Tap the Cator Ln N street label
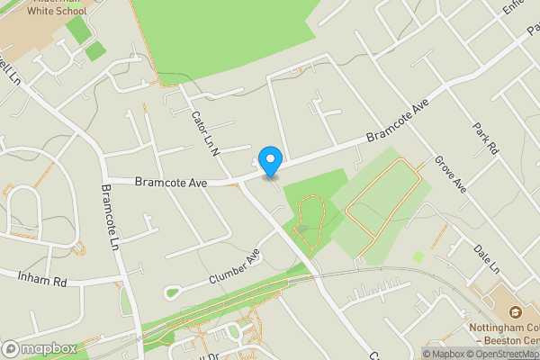pyautogui.click(x=205, y=134)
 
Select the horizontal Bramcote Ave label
pyautogui.click(x=171, y=182)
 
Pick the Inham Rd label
pyautogui.click(x=42, y=280)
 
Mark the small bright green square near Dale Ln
pyautogui.click(x=418, y=256)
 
